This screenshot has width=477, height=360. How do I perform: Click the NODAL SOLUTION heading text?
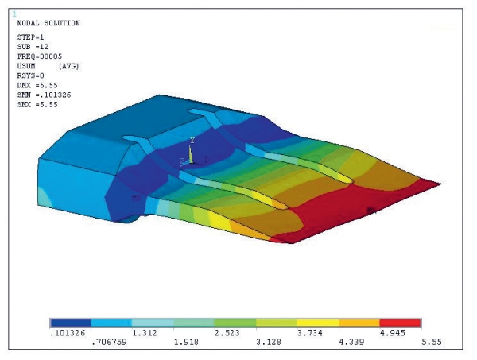48,23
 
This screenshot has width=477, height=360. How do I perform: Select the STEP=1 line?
30,37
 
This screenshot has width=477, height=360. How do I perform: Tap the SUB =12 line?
33,47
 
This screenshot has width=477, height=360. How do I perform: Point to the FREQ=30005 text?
40,56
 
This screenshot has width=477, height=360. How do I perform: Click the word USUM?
26,66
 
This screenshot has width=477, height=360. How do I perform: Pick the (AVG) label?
68,66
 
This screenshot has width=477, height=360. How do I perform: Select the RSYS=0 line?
30,75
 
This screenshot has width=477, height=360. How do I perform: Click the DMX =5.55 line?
37,86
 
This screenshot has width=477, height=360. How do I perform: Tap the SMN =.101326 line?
44,95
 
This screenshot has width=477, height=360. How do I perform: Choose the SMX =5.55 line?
37,105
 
